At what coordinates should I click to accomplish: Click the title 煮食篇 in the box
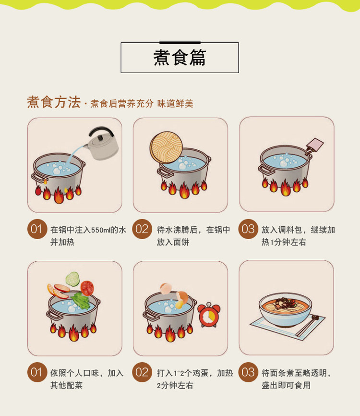pos(180,58)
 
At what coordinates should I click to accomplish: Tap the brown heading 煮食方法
pos(54,102)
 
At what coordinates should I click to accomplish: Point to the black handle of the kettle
pos(101,131)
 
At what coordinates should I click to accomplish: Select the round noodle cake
pos(166,147)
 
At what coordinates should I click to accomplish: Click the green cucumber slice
pos(72,279)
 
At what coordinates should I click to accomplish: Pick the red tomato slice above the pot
pos(87,288)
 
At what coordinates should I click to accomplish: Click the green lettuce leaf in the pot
pos(80,301)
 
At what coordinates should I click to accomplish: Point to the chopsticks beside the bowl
pos(308,326)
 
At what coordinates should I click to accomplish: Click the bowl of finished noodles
pos(285,309)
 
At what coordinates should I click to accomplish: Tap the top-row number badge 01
pos(37,229)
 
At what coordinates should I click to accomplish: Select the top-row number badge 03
pos(248,229)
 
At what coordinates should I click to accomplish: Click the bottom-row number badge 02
pos(142,372)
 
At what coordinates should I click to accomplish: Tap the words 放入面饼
pos(173,242)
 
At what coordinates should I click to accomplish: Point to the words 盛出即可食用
pos(286,385)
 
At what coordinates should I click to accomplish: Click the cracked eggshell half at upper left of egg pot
pos(166,289)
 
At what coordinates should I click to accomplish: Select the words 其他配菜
pos(67,385)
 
